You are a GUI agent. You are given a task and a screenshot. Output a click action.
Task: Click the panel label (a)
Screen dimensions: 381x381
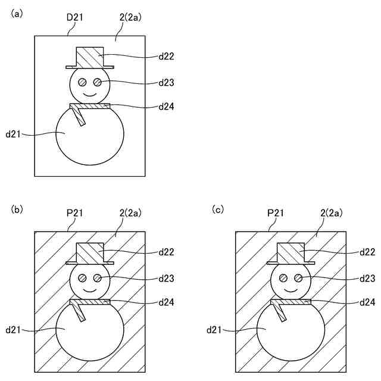click(17, 13)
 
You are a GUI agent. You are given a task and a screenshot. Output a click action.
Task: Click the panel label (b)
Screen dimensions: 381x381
click(17, 209)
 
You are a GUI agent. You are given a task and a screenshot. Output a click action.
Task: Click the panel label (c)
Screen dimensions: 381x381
click(218, 209)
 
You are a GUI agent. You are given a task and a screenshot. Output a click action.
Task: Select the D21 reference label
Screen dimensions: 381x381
click(74, 17)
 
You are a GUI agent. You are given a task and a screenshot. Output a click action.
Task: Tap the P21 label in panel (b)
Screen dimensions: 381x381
click(74, 213)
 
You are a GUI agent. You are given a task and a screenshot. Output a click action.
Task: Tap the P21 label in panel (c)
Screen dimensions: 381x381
click(276, 213)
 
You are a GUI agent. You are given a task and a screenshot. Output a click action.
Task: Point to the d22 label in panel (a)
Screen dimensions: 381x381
click(166, 57)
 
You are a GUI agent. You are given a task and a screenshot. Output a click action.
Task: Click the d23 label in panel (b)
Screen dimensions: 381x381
click(166, 277)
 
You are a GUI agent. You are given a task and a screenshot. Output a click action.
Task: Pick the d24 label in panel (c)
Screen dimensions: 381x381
click(367, 302)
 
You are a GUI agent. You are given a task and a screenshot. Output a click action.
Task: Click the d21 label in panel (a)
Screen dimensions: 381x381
click(13, 135)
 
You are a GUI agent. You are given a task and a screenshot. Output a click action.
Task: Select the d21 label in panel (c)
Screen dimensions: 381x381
click(214, 329)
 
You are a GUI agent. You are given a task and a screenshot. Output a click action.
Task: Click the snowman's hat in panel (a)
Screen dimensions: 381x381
click(90, 58)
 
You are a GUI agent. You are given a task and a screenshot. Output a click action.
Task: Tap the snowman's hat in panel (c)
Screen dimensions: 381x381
click(291, 253)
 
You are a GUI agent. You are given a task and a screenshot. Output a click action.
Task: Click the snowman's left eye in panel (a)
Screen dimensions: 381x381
click(83, 82)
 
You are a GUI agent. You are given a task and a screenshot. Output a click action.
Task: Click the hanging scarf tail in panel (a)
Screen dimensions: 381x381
click(79, 117)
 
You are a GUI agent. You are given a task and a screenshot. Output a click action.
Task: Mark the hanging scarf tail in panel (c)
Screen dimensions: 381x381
click(280, 313)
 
